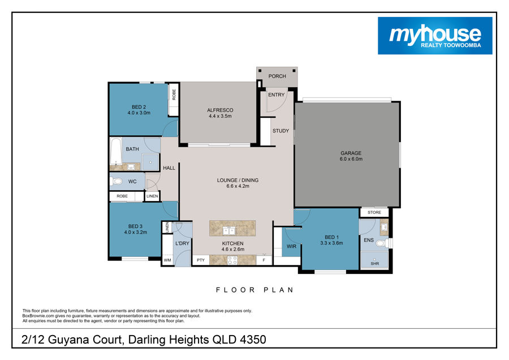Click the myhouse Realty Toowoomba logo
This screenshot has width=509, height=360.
[x=435, y=36]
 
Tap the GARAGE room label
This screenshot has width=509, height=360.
[x=351, y=153]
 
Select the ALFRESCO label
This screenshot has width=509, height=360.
[x=220, y=110]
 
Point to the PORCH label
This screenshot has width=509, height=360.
[x=277, y=76]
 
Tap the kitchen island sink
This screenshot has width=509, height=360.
[x=229, y=231]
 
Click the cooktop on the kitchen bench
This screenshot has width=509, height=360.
[x=232, y=260]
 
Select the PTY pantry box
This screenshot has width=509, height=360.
[x=201, y=260]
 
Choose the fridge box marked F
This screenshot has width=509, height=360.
[x=264, y=260]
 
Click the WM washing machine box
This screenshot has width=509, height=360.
[x=167, y=260]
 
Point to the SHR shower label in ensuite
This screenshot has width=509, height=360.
[x=374, y=264]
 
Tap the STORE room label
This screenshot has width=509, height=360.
[x=374, y=212]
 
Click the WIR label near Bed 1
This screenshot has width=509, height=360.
[x=291, y=246]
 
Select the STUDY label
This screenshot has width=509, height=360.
[x=281, y=131]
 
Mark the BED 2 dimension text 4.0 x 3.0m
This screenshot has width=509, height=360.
[x=139, y=113]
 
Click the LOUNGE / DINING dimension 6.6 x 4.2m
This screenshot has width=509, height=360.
[x=238, y=186]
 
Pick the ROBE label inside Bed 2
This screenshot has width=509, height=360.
[x=174, y=95]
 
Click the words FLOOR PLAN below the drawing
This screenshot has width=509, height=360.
[x=255, y=290]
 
